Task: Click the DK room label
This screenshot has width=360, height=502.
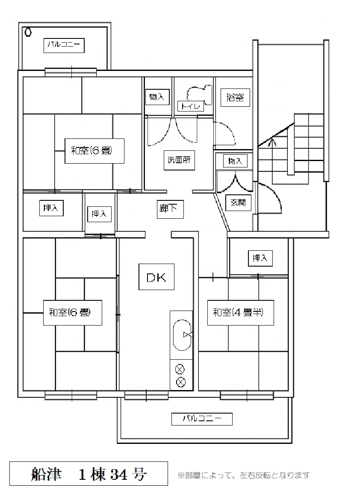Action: (x=156, y=277)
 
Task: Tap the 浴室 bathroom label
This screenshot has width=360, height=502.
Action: (x=235, y=97)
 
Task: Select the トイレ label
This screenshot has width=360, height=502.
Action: (x=191, y=106)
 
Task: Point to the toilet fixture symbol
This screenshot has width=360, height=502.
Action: (x=199, y=95)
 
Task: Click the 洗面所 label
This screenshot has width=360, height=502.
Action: (x=179, y=160)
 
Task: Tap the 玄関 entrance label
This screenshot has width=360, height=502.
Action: (x=238, y=203)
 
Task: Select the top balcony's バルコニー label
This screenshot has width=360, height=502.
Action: (x=64, y=45)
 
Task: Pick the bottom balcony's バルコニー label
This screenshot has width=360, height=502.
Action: (x=202, y=419)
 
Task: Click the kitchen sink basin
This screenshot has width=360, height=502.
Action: (x=182, y=335)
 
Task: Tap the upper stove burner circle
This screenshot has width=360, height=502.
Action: (x=180, y=370)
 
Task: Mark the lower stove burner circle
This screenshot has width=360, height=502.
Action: (x=180, y=382)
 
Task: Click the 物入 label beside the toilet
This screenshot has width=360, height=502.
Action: (x=157, y=97)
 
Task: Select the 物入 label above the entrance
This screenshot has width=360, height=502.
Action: (x=235, y=161)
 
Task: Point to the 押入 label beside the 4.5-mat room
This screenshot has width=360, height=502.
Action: (x=260, y=258)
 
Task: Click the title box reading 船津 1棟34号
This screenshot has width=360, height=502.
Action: (x=89, y=473)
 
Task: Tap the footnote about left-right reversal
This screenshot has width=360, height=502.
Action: (x=244, y=476)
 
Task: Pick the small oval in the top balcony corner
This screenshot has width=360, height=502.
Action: (x=28, y=32)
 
